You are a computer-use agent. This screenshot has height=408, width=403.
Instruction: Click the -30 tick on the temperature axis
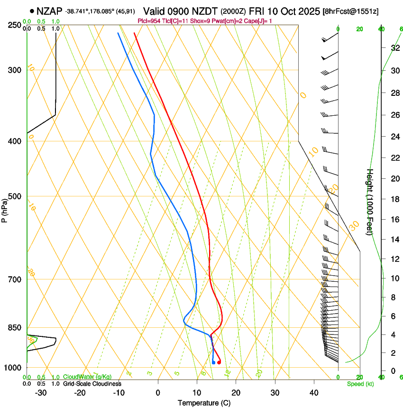point(41,392)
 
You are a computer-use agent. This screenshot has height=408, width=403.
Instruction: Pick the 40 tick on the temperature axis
point(314,392)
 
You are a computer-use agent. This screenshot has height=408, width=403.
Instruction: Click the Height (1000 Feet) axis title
point(370,202)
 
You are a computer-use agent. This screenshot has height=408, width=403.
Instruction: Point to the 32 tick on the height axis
point(394,47)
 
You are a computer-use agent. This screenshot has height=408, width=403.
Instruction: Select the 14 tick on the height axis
point(394,239)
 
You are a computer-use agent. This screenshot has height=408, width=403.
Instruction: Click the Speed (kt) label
point(360,384)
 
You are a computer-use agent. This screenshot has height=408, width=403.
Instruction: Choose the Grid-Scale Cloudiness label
point(92,384)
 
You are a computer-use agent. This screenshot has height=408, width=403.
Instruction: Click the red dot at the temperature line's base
point(219,362)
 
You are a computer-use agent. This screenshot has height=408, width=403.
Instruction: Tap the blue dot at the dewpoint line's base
point(213,362)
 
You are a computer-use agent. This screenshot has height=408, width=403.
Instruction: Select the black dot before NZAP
point(32,10)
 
